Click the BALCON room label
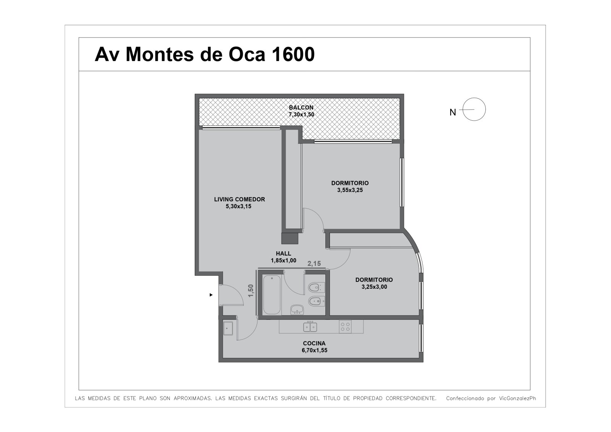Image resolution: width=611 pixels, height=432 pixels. (x=301, y=107)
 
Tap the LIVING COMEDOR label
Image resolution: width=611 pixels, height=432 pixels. (x=239, y=199)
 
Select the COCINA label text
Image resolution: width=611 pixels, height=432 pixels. (x=314, y=343)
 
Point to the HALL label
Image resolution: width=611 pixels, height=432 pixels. (x=283, y=254)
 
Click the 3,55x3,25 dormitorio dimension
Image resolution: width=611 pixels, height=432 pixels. (x=350, y=190)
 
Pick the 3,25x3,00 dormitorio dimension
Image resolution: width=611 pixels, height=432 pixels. (x=374, y=287)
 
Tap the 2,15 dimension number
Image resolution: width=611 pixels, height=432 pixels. (x=314, y=264)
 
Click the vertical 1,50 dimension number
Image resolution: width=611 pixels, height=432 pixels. (x=251, y=291)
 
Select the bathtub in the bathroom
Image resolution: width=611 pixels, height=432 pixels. (x=272, y=295)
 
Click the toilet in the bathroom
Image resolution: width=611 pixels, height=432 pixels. (x=317, y=287)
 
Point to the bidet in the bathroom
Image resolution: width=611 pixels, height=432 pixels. (x=317, y=301)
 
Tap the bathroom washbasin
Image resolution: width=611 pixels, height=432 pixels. (x=297, y=309)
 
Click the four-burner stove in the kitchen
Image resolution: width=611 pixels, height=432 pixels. (x=345, y=327)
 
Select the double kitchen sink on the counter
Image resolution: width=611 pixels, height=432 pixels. (x=310, y=327)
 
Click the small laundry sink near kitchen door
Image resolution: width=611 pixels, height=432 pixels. (x=228, y=328)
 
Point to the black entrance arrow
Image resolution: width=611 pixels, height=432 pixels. (x=211, y=295)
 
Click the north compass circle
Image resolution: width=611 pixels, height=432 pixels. (x=474, y=109)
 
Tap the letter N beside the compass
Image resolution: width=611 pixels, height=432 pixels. (x=453, y=112)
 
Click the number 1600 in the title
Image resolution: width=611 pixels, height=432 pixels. (x=293, y=54)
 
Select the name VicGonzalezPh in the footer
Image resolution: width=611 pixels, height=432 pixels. (x=517, y=398)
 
